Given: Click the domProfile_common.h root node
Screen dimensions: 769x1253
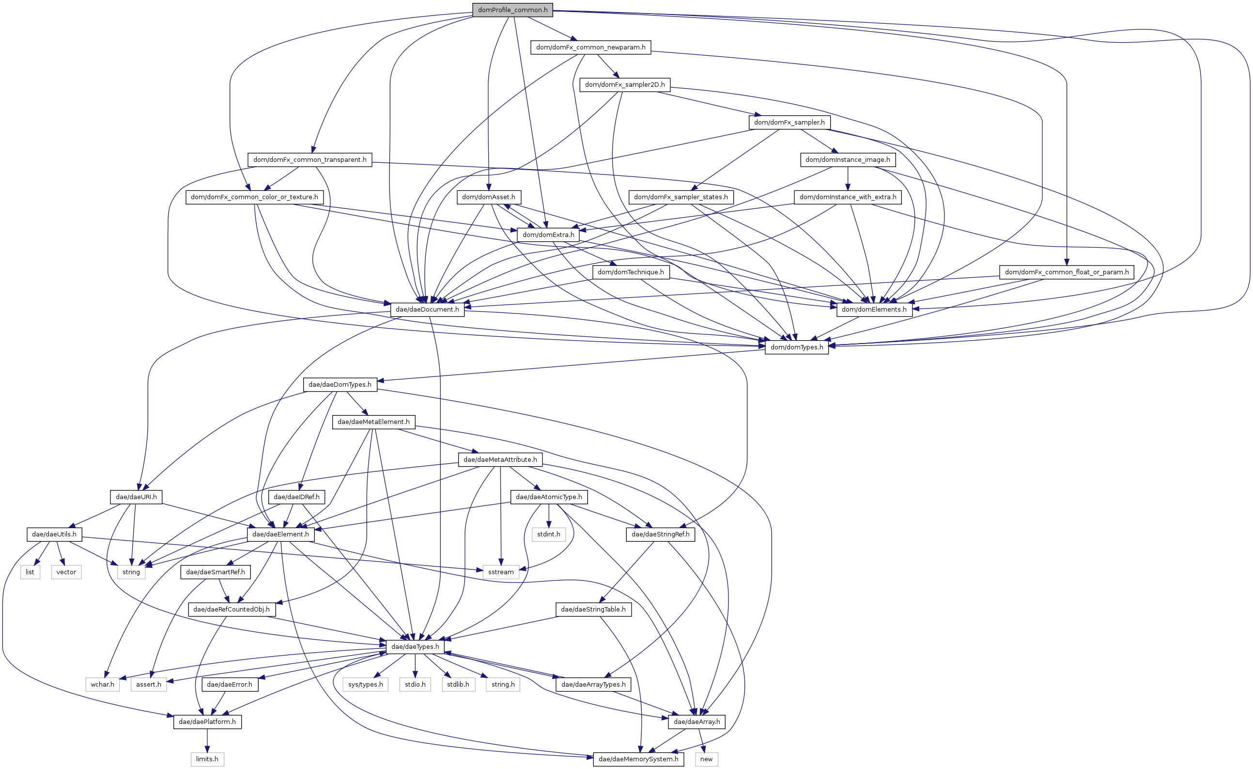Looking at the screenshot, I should pyautogui.click(x=512, y=10).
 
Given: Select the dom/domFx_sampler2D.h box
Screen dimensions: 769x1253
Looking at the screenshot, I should pyautogui.click(x=624, y=84).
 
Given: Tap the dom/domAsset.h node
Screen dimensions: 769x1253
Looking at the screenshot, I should pyautogui.click(x=488, y=197).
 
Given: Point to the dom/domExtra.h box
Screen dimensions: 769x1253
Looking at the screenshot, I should pyautogui.click(x=548, y=235).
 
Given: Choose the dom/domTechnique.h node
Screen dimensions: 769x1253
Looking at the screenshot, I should pyautogui.click(x=631, y=272).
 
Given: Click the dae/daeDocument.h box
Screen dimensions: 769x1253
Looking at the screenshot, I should pyautogui.click(x=427, y=309).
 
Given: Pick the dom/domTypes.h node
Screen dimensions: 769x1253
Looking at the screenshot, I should pyautogui.click(x=796, y=347).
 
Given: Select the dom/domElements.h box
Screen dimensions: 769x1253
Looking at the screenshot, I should pyautogui.click(x=874, y=309).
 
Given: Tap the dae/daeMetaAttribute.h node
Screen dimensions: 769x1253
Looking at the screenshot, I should pyautogui.click(x=500, y=459).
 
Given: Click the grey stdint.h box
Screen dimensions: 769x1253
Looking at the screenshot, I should pyautogui.click(x=549, y=534).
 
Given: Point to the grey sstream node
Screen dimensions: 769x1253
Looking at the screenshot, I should pyautogui.click(x=501, y=572).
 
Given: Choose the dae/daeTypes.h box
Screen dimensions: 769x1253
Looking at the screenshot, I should pyautogui.click(x=415, y=646).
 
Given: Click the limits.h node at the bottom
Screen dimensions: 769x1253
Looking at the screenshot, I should pyautogui.click(x=207, y=759).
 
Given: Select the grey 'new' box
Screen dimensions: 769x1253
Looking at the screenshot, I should pyautogui.click(x=706, y=759).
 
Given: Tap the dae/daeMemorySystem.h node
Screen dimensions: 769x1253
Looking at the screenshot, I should pyautogui.click(x=638, y=759).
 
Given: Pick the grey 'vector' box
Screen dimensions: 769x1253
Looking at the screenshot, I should pyautogui.click(x=66, y=572).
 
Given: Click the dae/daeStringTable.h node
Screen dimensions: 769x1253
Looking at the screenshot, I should pyautogui.click(x=593, y=609).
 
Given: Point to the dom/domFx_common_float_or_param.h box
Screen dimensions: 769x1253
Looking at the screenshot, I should pyautogui.click(x=1067, y=272).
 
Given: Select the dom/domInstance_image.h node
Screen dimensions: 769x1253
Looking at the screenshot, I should pyautogui.click(x=848, y=160).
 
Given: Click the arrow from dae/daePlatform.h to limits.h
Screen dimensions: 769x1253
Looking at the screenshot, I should pyautogui.click(x=207, y=740).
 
